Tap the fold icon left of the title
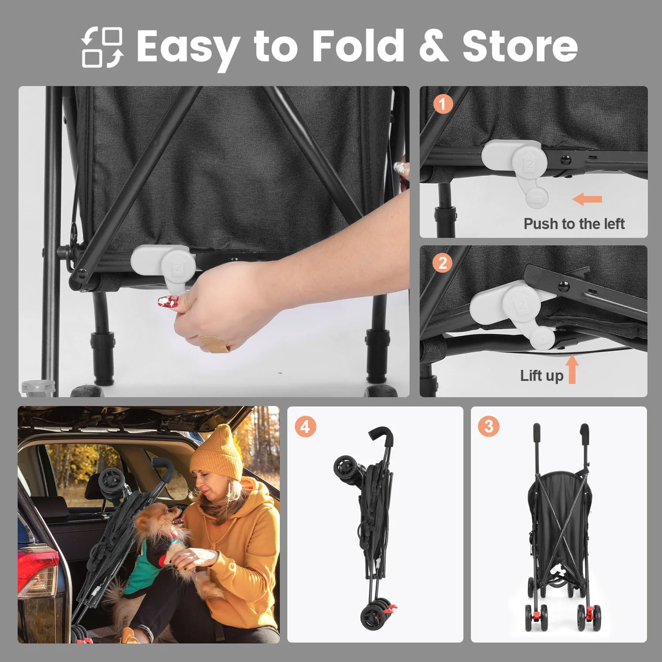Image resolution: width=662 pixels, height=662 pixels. coord(102,48)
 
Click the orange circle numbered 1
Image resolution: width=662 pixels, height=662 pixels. coord(443,104)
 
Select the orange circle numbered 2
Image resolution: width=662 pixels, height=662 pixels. coord(443,263)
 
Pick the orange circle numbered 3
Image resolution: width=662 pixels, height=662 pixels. coord(489,426)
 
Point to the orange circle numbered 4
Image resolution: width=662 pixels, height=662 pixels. coord(305,427)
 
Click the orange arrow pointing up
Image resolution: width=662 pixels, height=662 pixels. coord(572,369)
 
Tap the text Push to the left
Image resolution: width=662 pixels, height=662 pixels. coord(574,224)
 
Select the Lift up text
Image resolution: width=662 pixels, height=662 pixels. coord(542,376)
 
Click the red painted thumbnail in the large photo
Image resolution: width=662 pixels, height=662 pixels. coord(168,302)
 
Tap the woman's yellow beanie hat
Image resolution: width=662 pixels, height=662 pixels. coord(218,452)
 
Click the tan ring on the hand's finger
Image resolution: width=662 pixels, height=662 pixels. coord(214,343)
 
